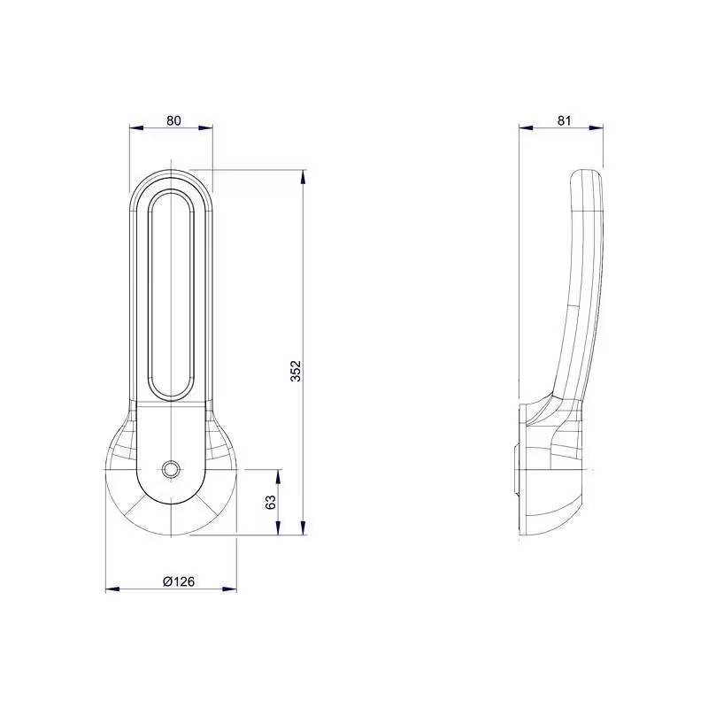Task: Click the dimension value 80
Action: [x=173, y=120]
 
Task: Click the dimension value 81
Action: [x=560, y=120]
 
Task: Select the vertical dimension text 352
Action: [x=296, y=372]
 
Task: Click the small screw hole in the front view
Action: [x=172, y=468]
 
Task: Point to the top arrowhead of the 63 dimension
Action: [x=280, y=474]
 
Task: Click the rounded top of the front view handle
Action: [x=172, y=175]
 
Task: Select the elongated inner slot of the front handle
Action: [x=172, y=292]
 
